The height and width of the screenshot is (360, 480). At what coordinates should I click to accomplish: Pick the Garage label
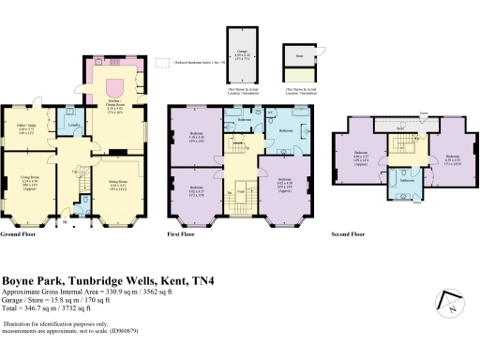click(x=243, y=55)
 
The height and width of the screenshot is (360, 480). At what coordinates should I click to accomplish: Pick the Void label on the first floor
click(x=242, y=194)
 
